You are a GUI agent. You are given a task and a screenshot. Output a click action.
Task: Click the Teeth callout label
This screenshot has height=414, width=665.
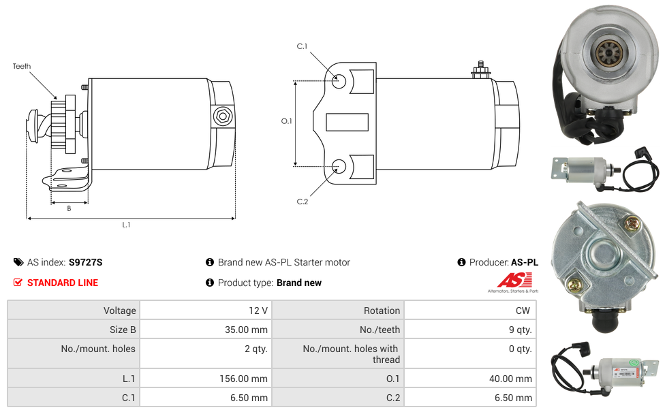tap(22, 66)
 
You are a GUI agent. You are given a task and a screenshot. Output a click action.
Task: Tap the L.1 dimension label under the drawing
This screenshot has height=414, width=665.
tap(126, 225)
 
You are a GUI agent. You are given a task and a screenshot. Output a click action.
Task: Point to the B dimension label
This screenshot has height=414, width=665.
tap(69, 208)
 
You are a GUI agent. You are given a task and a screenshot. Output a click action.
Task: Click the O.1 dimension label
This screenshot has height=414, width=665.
tap(286, 121)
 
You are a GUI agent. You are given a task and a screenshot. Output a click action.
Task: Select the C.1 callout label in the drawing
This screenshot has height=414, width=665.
tap(302, 46)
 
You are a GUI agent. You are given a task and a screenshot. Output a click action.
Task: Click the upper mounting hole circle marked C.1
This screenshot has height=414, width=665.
tap(339, 81)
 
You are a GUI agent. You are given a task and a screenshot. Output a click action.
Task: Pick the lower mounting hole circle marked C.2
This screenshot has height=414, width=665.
tap(339, 166)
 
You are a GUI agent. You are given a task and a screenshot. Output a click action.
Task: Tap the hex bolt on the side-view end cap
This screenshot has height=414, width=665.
tap(222, 116)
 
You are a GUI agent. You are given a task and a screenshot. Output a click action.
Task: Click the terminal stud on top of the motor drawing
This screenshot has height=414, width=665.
tap(481, 69)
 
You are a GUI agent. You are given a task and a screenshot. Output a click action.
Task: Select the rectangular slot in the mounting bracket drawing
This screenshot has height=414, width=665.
tap(347, 122)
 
